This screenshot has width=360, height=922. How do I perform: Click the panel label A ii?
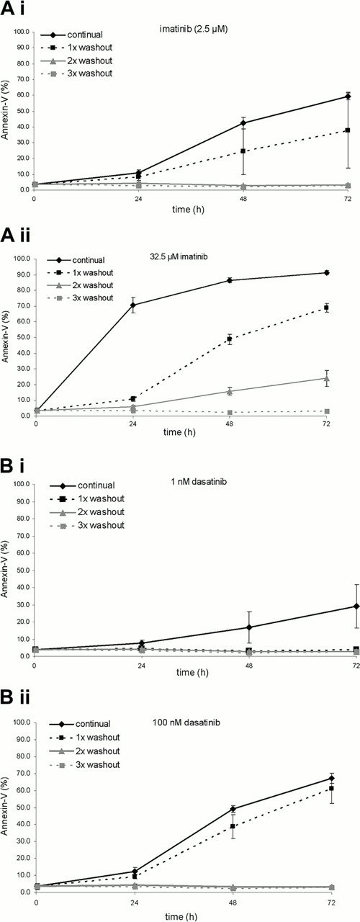(x=19, y=238)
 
